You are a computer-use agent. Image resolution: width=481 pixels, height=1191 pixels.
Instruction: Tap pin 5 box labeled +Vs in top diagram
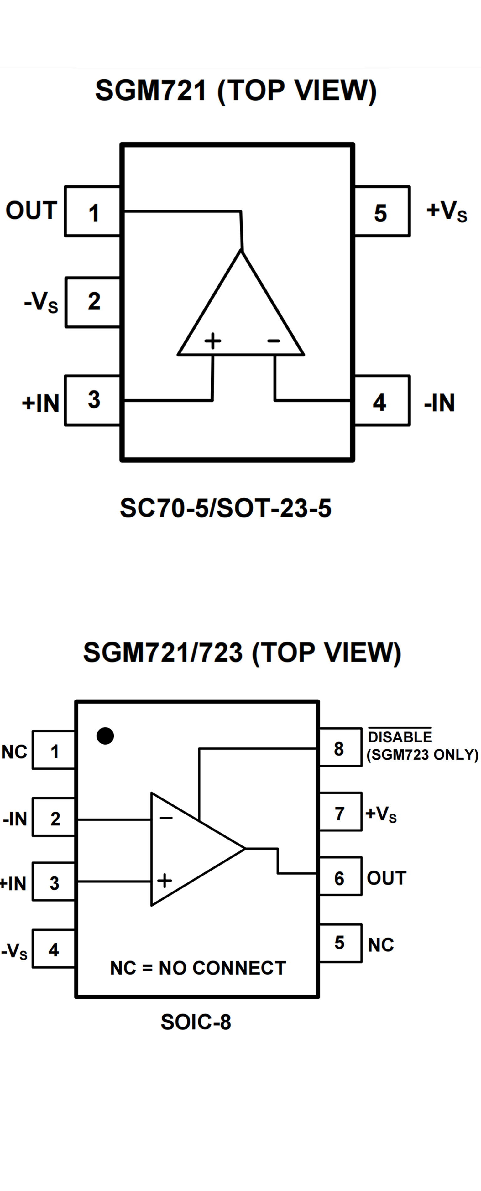point(382,212)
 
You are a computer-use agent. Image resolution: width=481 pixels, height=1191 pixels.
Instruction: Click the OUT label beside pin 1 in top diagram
point(31,211)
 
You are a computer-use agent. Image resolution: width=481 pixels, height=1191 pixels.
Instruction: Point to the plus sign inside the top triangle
point(213,341)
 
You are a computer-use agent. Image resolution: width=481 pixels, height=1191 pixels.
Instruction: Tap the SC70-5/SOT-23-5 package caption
point(226,508)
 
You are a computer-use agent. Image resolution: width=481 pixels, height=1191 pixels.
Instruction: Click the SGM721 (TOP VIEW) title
point(236,90)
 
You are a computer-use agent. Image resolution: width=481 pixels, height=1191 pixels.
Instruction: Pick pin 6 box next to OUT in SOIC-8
point(340,877)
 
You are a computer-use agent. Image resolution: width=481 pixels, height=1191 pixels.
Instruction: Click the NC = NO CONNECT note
point(198,968)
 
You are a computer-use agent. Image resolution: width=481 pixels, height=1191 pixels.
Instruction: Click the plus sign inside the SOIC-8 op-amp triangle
point(165,880)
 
